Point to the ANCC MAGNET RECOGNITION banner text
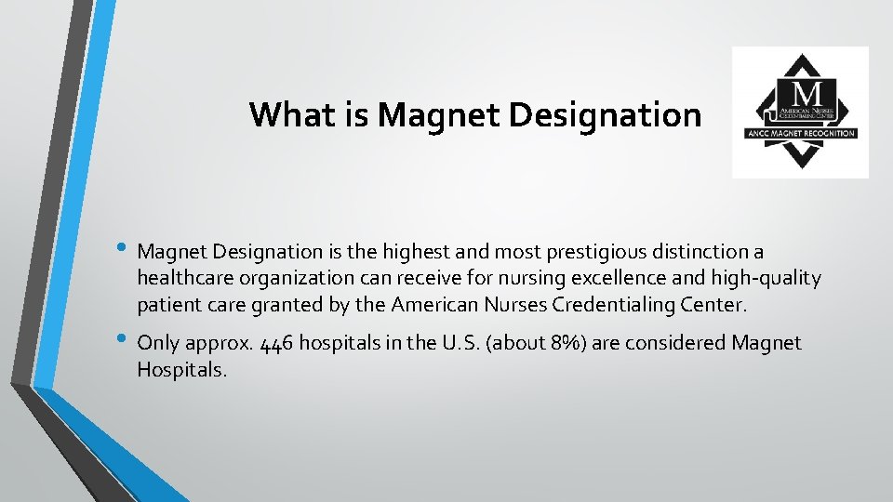(800, 133)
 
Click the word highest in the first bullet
(416, 252)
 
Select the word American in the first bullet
(435, 304)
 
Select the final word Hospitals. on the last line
(180, 370)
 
